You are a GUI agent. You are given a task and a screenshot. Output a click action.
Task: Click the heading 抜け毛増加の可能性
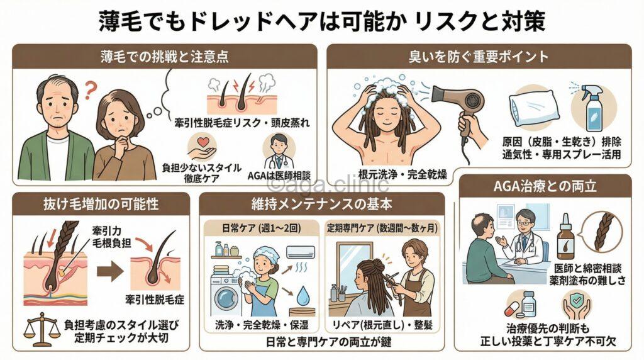coord(101,205)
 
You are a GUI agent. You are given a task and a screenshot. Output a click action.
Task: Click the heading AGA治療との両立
coord(544,187)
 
